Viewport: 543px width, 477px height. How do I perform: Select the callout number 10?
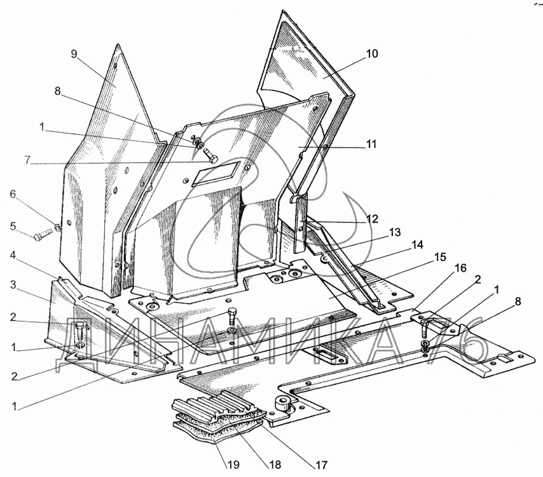pyautogui.click(x=372, y=54)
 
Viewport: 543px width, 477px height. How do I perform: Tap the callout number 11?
pyautogui.click(x=371, y=144)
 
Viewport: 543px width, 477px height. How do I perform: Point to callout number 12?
pyautogui.click(x=372, y=219)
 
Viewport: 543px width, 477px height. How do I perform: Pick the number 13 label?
pyautogui.click(x=395, y=232)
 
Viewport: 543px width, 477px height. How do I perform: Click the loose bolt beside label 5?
pyautogui.click(x=43, y=237)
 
